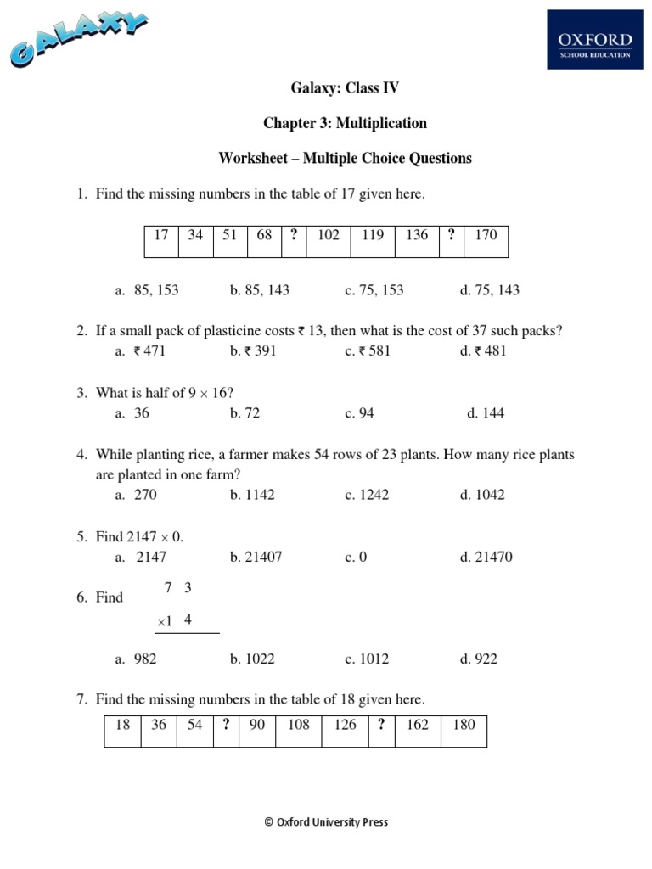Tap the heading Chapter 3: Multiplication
click(345, 123)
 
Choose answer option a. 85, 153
click(147, 290)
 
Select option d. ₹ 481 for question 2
click(483, 351)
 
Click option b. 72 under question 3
click(244, 413)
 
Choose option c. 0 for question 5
click(356, 558)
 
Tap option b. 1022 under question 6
click(252, 659)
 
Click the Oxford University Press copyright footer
click(326, 821)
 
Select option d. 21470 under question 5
click(486, 558)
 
